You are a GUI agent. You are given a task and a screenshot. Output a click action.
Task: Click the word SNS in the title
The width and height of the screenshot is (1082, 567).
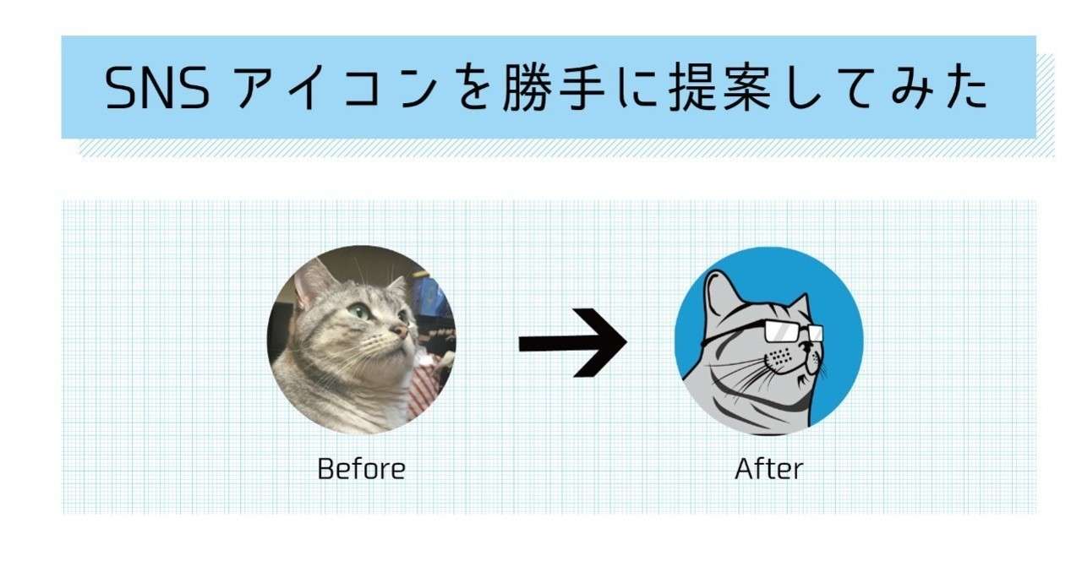(x=157, y=87)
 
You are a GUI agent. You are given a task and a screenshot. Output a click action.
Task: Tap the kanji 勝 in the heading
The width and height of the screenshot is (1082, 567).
(x=527, y=87)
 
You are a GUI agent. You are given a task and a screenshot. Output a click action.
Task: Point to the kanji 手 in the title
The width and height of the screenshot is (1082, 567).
(x=582, y=87)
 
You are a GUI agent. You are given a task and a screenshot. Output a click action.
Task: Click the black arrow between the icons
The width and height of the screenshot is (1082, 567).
(x=573, y=342)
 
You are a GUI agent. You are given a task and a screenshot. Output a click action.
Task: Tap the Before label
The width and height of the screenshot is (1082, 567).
(x=361, y=469)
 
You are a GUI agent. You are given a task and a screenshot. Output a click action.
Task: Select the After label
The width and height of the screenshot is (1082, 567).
(x=769, y=469)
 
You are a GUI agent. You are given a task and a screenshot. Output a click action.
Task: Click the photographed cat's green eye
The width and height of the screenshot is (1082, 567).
(x=359, y=311)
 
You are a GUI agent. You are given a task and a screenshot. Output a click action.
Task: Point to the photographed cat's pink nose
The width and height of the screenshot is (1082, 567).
(x=401, y=330)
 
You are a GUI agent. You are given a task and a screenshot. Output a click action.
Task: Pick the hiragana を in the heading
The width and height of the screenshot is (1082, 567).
(x=473, y=88)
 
